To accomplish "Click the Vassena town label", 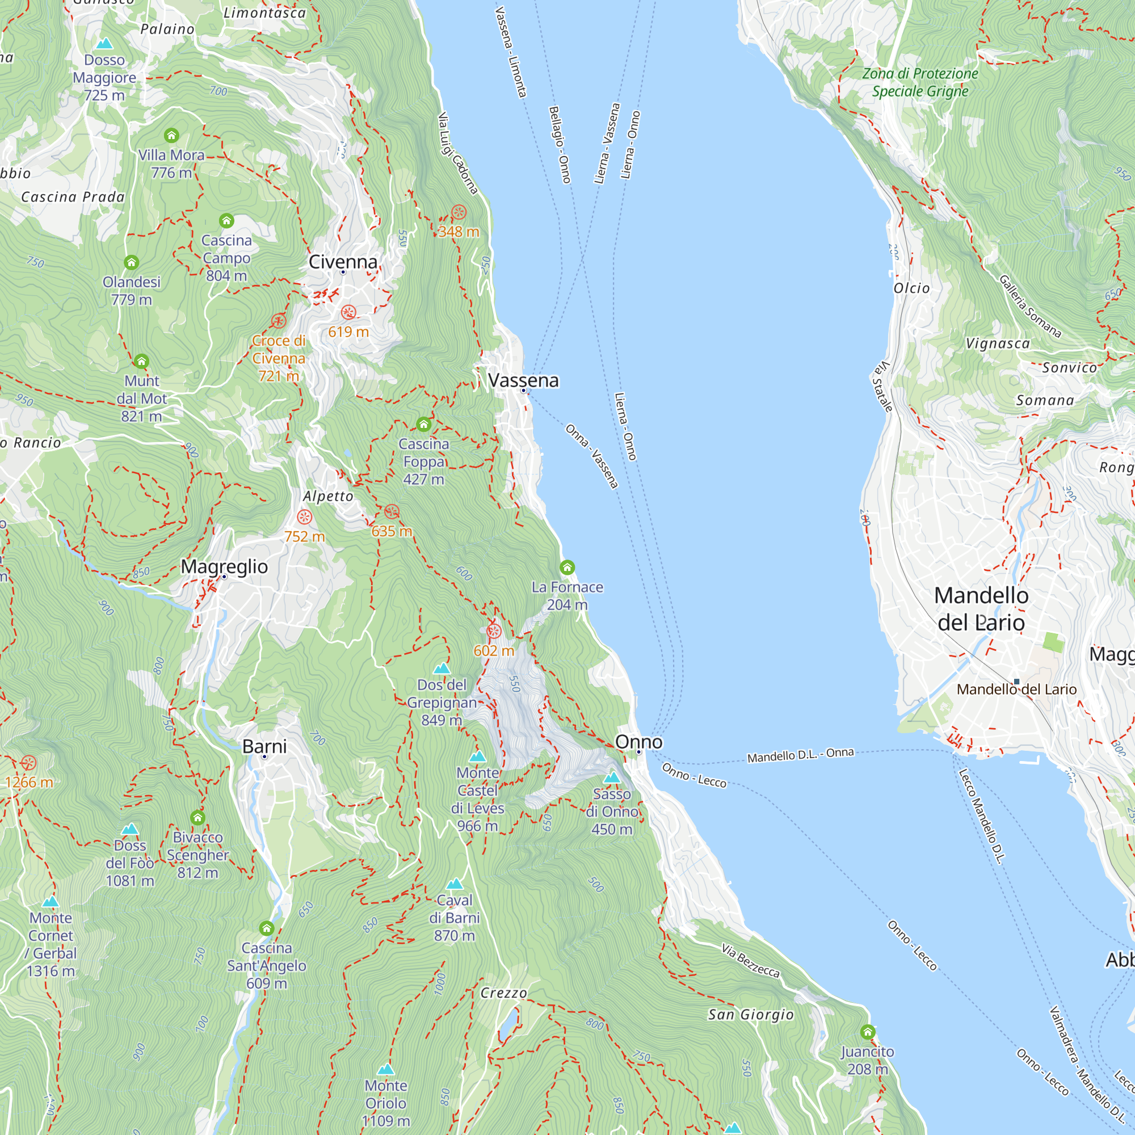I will pyautogui.click(x=523, y=380).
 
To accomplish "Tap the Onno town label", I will pyautogui.click(x=638, y=742).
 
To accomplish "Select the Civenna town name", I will pyautogui.click(x=343, y=262).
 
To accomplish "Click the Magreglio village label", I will pyautogui.click(x=224, y=566).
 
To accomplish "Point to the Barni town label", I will pyautogui.click(x=264, y=746).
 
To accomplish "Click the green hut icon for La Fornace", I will pyautogui.click(x=567, y=567).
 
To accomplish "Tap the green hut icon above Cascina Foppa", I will pyautogui.click(x=423, y=424).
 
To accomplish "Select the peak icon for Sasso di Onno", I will pyautogui.click(x=612, y=778).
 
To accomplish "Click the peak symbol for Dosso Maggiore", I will pyautogui.click(x=104, y=44).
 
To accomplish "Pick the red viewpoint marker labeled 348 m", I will pyautogui.click(x=458, y=213).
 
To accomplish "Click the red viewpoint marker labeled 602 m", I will pyautogui.click(x=494, y=632).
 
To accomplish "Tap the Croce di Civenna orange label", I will pyautogui.click(x=279, y=358).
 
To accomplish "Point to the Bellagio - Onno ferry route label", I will pyautogui.click(x=560, y=145).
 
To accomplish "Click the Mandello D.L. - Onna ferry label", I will pyautogui.click(x=800, y=755).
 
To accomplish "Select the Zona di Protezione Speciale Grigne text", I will pyautogui.click(x=920, y=82).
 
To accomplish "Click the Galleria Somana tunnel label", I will pyautogui.click(x=1030, y=306).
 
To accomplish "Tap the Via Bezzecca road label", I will pyautogui.click(x=750, y=961).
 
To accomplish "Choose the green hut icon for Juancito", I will pyautogui.click(x=868, y=1032).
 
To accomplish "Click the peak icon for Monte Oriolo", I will pyautogui.click(x=386, y=1069).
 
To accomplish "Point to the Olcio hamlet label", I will pyautogui.click(x=911, y=288).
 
